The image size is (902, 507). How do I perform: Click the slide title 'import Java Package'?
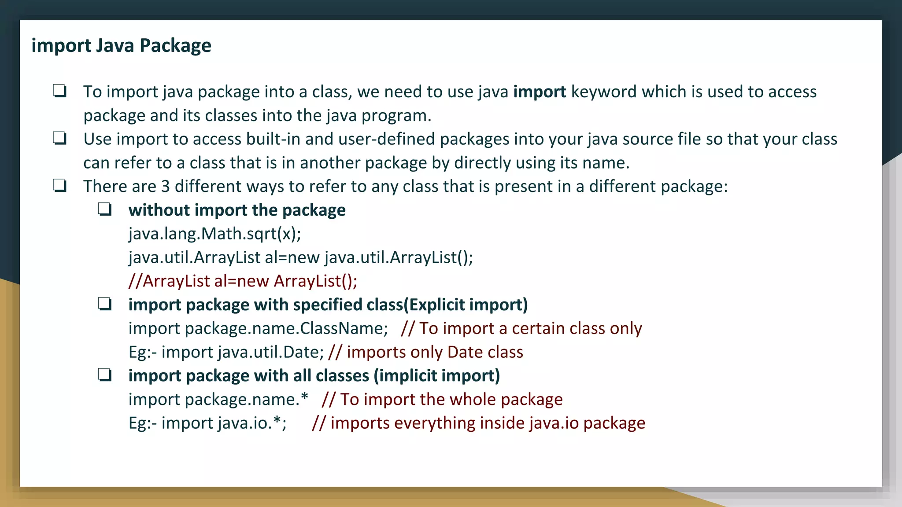pos(121,46)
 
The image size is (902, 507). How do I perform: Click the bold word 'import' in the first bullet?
pos(540,92)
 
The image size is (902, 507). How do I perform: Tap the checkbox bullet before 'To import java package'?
pos(59,91)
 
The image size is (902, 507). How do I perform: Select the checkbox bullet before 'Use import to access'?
pos(59,139)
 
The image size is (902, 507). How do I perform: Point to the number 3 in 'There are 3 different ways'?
pos(165,187)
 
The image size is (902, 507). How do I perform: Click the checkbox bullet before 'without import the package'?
pos(105,209)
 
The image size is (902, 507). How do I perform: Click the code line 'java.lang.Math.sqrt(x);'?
pos(215,234)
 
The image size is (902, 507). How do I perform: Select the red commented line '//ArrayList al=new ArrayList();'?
pos(243,281)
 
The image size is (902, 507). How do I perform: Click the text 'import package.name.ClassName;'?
pos(258,328)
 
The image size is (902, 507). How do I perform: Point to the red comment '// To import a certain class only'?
pos(521,328)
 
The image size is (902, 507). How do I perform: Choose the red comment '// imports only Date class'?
pos(426,352)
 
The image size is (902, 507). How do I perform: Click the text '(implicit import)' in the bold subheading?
pos(437,376)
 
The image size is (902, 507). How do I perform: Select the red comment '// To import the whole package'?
pos(442,400)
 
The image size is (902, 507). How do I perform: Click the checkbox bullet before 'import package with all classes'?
pos(105,375)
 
